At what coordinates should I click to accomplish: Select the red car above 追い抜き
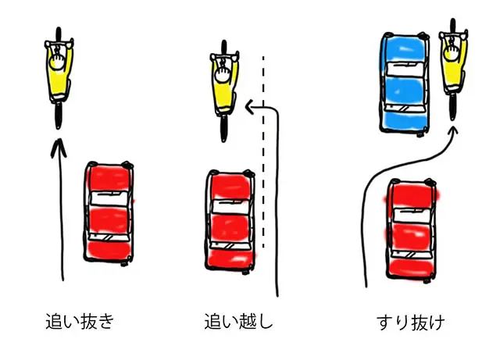point(109,213)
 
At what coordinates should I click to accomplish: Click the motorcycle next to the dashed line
point(224,84)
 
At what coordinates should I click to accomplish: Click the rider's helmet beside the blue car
point(453,54)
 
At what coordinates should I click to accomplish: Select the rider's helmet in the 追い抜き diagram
point(59,56)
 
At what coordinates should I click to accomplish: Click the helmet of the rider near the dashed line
point(224,73)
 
